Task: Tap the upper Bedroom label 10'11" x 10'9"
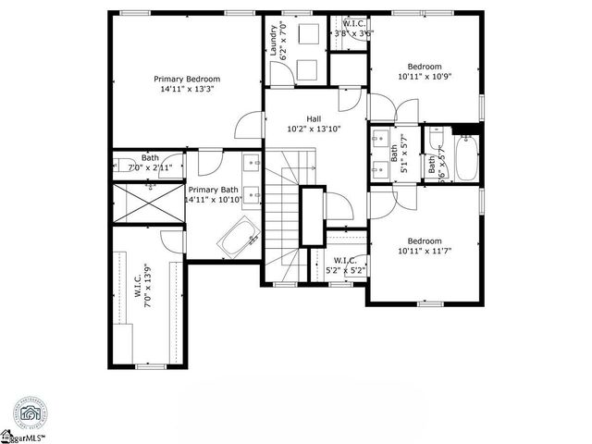pos(425,67)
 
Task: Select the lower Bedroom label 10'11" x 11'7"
pos(425,240)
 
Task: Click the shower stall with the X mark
pos(148,202)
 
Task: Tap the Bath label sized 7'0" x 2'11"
pos(150,157)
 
